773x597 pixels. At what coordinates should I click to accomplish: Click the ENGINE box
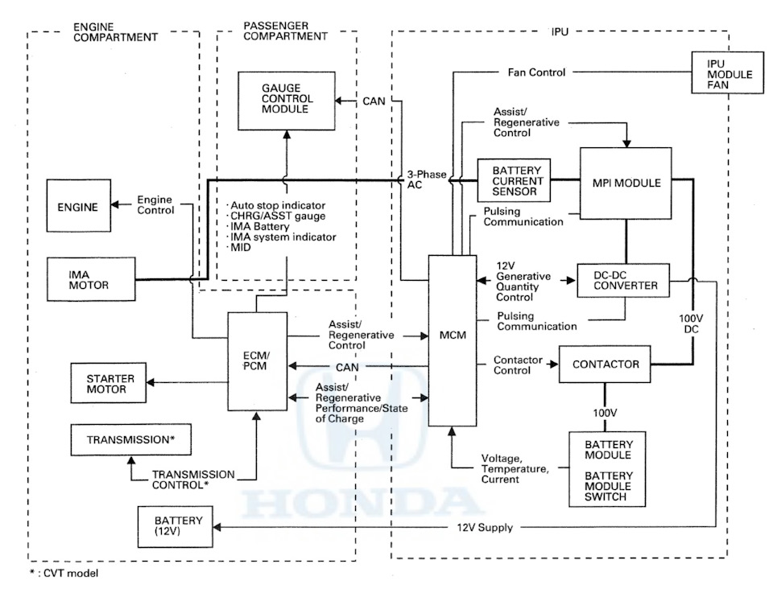77,208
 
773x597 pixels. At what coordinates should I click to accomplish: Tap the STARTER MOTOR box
106,383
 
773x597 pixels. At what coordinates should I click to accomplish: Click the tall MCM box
453,340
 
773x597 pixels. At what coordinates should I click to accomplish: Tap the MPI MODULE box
626,183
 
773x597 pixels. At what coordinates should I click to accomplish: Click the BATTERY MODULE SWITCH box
609,468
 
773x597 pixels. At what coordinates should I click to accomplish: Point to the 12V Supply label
485,528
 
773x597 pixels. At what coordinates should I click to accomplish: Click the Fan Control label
536,72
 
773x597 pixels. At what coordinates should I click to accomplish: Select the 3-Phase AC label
422,179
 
